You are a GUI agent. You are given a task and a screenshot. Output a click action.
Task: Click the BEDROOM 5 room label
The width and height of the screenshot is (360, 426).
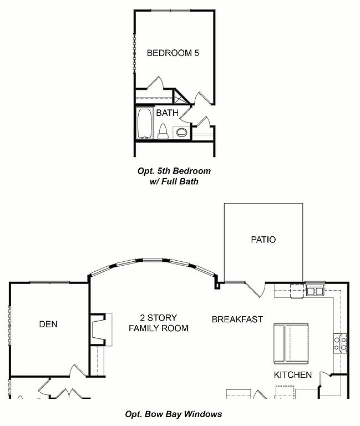(x=173, y=53)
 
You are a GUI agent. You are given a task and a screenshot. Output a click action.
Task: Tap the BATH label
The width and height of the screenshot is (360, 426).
(x=167, y=113)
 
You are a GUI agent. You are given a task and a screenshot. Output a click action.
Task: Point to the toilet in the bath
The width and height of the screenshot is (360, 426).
(x=163, y=131)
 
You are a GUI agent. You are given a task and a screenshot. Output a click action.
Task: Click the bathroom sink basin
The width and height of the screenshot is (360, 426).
(x=181, y=132)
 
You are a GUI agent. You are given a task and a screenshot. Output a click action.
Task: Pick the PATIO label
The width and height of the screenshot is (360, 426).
(x=263, y=240)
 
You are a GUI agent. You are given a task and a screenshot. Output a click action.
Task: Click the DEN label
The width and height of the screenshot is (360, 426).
(x=48, y=324)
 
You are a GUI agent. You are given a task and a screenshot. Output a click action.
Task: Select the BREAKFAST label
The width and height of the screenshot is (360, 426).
(x=237, y=319)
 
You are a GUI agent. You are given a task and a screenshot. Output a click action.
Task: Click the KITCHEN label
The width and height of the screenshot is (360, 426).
(x=292, y=375)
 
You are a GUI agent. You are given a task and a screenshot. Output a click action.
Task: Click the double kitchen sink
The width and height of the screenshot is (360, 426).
(x=315, y=291)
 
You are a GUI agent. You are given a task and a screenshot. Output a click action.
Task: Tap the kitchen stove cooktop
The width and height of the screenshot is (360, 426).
(x=340, y=342)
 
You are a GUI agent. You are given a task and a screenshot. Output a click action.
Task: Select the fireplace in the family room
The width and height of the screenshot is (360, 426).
(x=100, y=330)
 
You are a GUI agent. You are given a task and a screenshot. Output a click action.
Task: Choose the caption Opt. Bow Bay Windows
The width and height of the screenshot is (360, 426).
(x=174, y=414)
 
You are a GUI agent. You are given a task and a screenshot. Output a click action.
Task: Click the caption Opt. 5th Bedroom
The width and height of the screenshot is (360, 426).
(x=174, y=171)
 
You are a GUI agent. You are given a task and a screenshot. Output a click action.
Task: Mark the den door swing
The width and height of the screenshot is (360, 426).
(x=77, y=371)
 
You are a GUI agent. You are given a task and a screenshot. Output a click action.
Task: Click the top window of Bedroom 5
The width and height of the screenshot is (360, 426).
(x=169, y=9)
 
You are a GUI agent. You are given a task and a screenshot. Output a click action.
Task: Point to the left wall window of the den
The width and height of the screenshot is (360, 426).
(x=9, y=327)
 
